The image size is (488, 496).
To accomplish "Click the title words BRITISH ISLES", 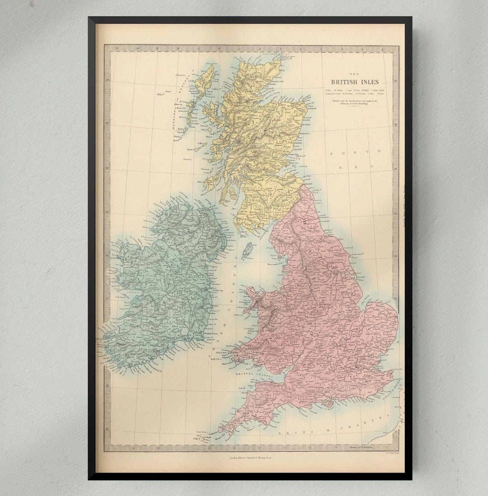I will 355,82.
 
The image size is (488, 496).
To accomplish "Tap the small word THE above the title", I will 355,75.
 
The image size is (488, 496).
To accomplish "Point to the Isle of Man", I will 247,250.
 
